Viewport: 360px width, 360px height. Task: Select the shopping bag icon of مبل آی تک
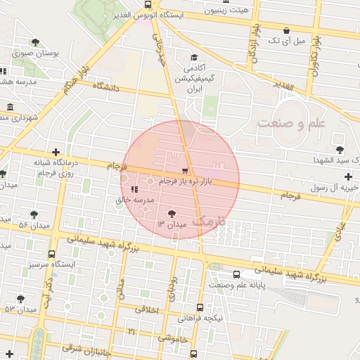[x=287, y=30]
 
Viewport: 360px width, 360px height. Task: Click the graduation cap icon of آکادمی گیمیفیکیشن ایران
[x=193, y=58]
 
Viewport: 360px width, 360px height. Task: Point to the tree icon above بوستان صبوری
[x=35, y=42]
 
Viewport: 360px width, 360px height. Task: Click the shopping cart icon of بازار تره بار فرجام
[x=185, y=171]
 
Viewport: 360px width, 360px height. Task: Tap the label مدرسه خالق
[x=129, y=200]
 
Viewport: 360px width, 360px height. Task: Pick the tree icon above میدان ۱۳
[x=172, y=213]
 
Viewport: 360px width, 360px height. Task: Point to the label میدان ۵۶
[x=32, y=225]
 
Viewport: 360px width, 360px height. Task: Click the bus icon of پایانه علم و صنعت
[x=236, y=274]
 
